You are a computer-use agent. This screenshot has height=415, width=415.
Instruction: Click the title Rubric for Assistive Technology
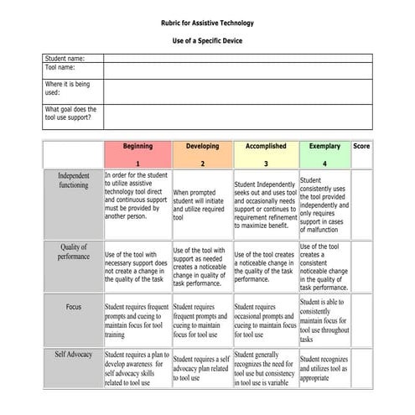click(207, 23)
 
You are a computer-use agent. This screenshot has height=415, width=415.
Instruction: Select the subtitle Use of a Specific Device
click(207, 40)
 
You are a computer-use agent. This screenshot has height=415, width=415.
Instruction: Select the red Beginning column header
click(137, 154)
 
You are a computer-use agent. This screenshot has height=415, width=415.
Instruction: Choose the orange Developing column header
click(202, 154)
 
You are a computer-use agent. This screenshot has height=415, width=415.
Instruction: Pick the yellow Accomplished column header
click(266, 154)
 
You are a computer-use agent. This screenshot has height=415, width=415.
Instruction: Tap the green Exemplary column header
click(324, 154)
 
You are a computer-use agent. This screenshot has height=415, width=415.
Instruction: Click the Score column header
click(361, 146)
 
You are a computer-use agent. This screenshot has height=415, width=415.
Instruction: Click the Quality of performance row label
click(73, 252)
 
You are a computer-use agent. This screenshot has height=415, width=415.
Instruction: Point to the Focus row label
click(73, 307)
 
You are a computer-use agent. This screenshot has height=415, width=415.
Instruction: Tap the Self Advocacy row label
click(73, 355)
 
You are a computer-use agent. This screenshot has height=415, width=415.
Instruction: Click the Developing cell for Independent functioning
click(202, 205)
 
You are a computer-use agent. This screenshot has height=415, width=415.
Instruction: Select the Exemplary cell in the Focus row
click(324, 320)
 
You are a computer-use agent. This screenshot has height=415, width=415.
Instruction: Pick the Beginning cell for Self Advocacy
click(137, 369)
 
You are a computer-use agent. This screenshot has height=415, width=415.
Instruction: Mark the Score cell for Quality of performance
click(361, 267)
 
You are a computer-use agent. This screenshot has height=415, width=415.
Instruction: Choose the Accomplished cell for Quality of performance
click(266, 267)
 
